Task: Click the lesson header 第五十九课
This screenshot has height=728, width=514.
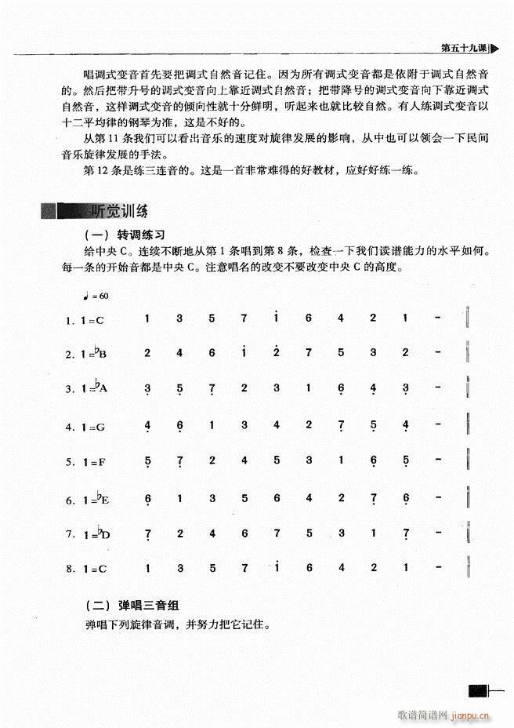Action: coord(464,47)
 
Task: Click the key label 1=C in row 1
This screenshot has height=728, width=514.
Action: coord(92,319)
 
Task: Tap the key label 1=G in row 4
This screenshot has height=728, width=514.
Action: coord(93,427)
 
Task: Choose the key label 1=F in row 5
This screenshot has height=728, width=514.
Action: coord(92,462)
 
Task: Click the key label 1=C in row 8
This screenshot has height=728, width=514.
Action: coord(92,567)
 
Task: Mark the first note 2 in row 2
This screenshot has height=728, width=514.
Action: coord(147,353)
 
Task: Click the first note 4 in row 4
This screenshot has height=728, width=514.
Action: coord(147,426)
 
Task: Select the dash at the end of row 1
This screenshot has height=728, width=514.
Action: coord(436,318)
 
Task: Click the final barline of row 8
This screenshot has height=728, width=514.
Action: coord(468,566)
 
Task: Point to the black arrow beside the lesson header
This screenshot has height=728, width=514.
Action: coord(494,47)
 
